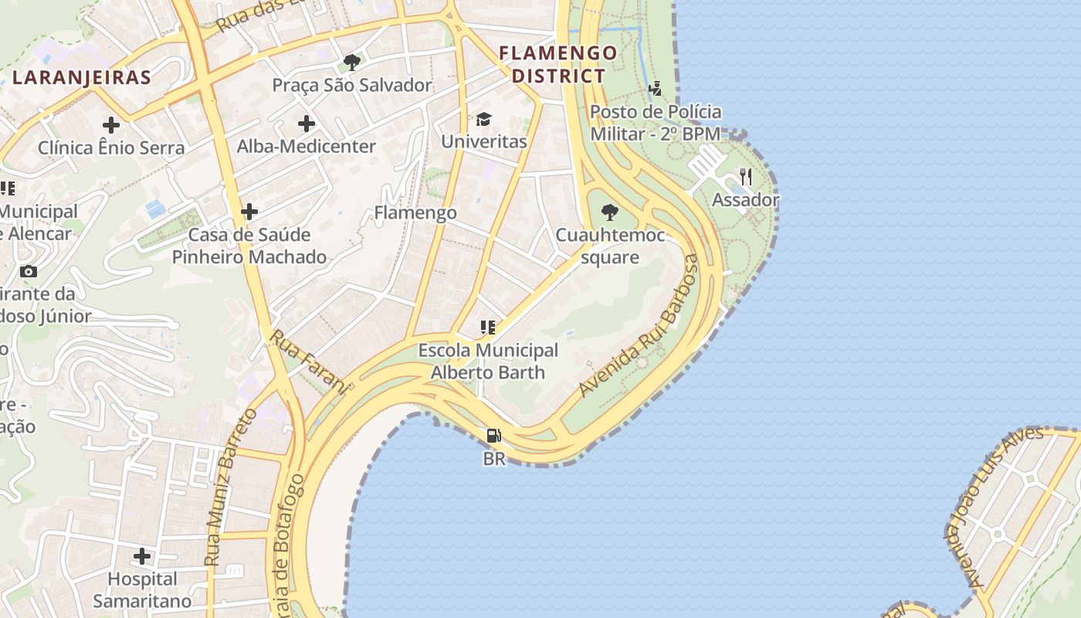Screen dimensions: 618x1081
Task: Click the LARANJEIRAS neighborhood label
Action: (x=82, y=77)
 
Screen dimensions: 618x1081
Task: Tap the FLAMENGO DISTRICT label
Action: (x=558, y=64)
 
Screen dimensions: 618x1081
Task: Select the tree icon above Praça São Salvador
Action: (x=352, y=62)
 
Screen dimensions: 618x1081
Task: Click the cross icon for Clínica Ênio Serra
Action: (x=111, y=124)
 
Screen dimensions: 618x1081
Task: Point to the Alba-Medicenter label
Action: (x=307, y=146)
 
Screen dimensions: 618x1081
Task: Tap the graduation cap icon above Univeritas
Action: (x=484, y=119)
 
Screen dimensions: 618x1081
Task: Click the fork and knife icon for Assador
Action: (x=745, y=177)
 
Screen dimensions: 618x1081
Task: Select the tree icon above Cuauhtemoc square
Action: (x=610, y=212)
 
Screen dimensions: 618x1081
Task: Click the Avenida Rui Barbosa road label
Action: (x=639, y=326)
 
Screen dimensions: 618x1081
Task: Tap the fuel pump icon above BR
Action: (x=494, y=436)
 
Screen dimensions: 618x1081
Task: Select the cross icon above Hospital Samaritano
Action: (x=142, y=555)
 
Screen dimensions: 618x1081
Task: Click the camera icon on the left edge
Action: (x=29, y=271)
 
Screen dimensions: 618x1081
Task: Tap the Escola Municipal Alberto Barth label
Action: (x=488, y=361)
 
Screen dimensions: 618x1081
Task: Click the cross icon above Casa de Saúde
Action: (x=249, y=211)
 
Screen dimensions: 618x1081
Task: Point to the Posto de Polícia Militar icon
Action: (x=656, y=89)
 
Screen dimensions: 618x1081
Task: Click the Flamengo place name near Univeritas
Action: (x=415, y=212)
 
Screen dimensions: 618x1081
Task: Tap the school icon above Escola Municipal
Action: (x=487, y=327)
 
